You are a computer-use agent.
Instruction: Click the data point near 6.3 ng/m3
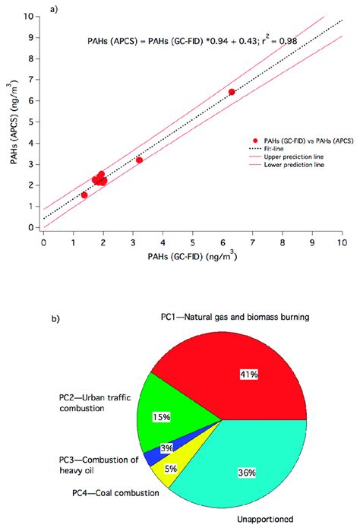tap(232, 92)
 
